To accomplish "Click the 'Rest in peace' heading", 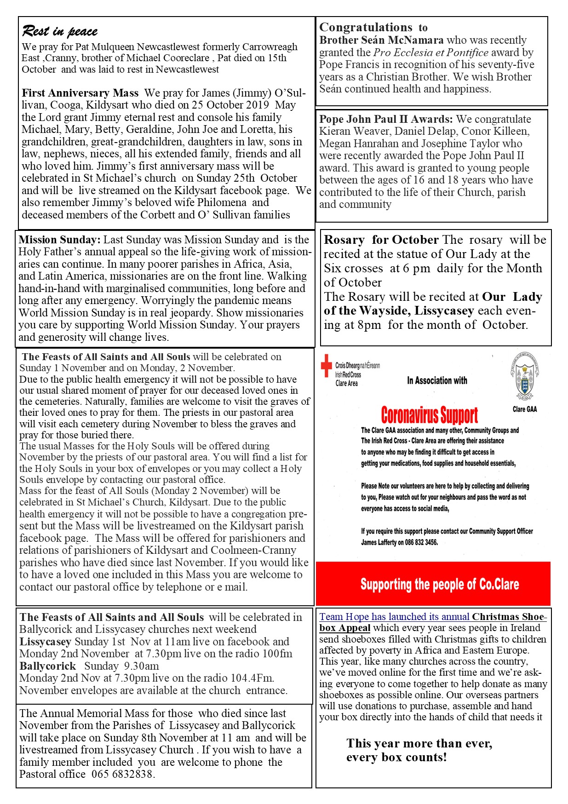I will (60, 31).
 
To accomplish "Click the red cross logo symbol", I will (326, 366).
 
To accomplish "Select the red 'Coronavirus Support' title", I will (430, 415).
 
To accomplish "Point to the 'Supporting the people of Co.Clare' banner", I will (439, 584).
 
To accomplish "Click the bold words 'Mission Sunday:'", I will (59, 240).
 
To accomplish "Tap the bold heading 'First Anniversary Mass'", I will (80, 93).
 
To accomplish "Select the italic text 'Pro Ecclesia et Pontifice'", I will (430, 52).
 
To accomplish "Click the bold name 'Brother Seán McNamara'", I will (382, 40).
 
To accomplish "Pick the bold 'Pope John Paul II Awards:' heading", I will (386, 119).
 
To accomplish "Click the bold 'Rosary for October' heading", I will (381, 240).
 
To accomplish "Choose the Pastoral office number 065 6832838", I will (122, 774).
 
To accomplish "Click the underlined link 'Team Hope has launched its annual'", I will (395, 617).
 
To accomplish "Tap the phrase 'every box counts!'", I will (396, 758).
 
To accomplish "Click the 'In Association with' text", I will (437, 381).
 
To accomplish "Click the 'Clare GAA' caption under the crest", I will (524, 409).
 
